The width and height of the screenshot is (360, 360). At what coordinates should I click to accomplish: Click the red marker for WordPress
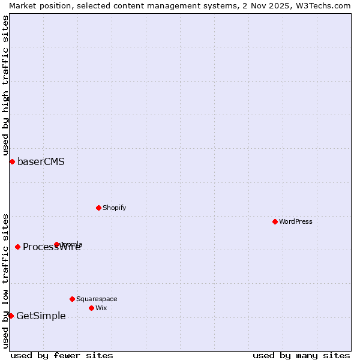click(x=275, y=221)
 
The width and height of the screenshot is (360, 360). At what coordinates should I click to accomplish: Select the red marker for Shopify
click(x=98, y=208)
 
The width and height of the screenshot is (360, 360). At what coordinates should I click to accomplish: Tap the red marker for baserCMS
click(x=12, y=161)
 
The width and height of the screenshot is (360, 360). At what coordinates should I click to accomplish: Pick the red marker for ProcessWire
click(x=17, y=247)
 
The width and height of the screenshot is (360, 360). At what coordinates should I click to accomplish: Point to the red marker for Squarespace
click(x=72, y=299)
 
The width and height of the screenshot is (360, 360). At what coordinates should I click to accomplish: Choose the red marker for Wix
click(x=91, y=308)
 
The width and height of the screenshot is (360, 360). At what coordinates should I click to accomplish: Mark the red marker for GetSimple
click(x=11, y=316)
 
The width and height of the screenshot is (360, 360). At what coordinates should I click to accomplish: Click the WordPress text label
click(x=296, y=221)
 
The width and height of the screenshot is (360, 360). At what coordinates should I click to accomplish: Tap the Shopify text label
click(x=114, y=208)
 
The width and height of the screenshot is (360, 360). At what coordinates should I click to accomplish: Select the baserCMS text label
click(x=41, y=161)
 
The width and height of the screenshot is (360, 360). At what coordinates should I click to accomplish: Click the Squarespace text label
click(x=97, y=299)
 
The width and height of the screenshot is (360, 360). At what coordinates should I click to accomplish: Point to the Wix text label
click(x=101, y=308)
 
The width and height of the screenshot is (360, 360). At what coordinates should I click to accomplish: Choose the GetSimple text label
click(x=41, y=316)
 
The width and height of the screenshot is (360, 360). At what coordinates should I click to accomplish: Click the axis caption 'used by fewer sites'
click(x=62, y=355)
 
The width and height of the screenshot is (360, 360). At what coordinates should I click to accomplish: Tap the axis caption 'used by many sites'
click(x=301, y=355)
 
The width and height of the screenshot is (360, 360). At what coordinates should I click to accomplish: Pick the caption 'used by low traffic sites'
click(x=5, y=281)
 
